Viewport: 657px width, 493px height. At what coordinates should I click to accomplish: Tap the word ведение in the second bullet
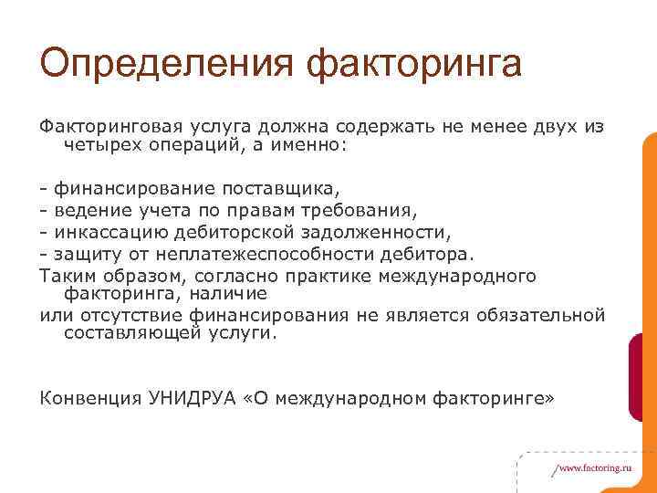coord(86,211)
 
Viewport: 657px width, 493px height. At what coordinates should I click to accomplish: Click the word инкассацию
coord(105,232)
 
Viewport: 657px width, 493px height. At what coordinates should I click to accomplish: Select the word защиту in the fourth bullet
coord(81,253)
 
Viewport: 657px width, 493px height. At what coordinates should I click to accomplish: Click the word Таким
coord(66,274)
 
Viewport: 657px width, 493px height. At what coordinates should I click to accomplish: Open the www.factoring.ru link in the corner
coord(593,467)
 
